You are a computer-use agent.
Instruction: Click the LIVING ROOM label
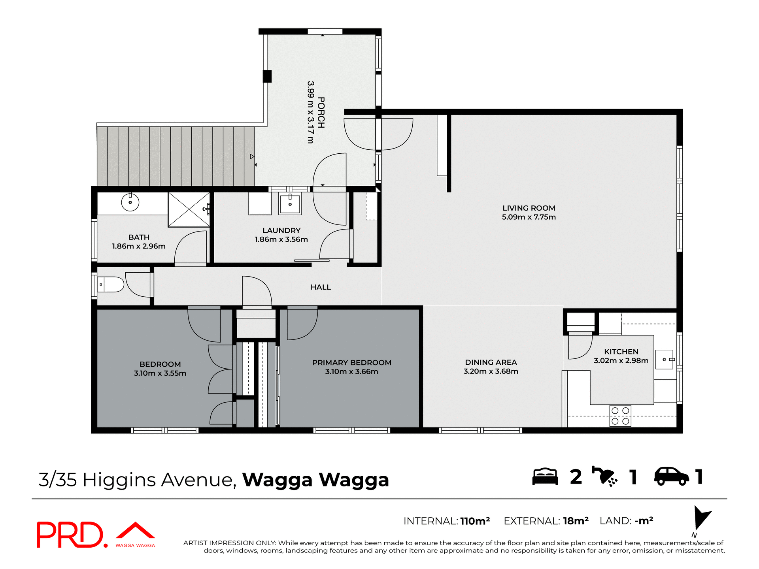529,208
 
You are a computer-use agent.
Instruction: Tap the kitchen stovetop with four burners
620,416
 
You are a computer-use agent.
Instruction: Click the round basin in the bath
130,203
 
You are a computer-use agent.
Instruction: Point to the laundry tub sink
290,204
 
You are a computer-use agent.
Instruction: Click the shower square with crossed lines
189,209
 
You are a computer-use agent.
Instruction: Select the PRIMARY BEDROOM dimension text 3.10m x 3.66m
351,372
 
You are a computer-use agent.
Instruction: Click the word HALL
321,287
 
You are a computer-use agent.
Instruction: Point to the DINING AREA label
491,362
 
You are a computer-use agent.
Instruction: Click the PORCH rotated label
321,113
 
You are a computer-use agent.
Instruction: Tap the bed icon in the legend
545,477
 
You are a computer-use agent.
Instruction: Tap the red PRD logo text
71,535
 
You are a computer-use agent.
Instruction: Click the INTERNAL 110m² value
475,521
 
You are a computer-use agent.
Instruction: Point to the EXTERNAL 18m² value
576,521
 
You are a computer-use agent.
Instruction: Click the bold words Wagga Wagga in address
315,480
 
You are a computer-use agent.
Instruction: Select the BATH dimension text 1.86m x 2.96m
139,246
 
